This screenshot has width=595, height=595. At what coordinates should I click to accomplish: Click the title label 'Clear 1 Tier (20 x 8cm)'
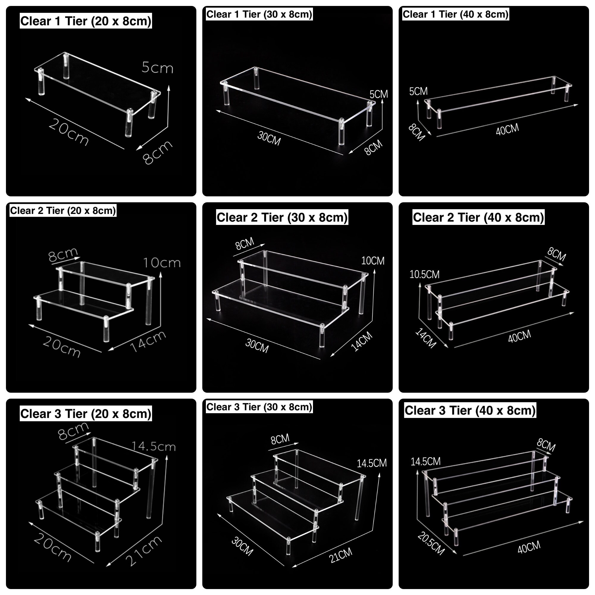86,21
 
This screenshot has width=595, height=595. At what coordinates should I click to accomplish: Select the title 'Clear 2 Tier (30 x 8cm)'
282,217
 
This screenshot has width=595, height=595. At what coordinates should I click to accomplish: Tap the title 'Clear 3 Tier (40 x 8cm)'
470,411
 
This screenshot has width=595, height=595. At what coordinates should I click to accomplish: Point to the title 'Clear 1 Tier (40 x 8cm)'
456,14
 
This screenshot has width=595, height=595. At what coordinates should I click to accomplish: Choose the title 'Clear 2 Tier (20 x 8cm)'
63,211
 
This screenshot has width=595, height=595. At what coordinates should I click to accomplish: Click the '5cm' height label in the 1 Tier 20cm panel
157,68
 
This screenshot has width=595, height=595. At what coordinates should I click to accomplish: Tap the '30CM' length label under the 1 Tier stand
269,138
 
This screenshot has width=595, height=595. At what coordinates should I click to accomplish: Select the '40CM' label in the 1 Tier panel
507,129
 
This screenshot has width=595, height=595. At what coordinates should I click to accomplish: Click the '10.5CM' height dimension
425,274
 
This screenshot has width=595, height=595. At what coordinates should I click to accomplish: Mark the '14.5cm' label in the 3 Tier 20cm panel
154,446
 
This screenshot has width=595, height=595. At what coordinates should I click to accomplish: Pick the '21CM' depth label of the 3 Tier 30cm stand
340,555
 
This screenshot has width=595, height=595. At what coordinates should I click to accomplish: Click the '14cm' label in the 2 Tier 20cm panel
148,341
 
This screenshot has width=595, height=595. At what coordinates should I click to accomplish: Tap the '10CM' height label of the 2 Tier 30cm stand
373,261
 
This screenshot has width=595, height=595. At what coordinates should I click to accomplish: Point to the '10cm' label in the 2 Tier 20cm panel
162,263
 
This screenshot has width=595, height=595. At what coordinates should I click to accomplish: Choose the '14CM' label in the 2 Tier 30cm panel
362,342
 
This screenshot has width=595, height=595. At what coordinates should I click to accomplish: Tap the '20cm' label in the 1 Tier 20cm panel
69,132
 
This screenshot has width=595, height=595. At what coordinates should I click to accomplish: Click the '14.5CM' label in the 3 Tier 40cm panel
426,461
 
